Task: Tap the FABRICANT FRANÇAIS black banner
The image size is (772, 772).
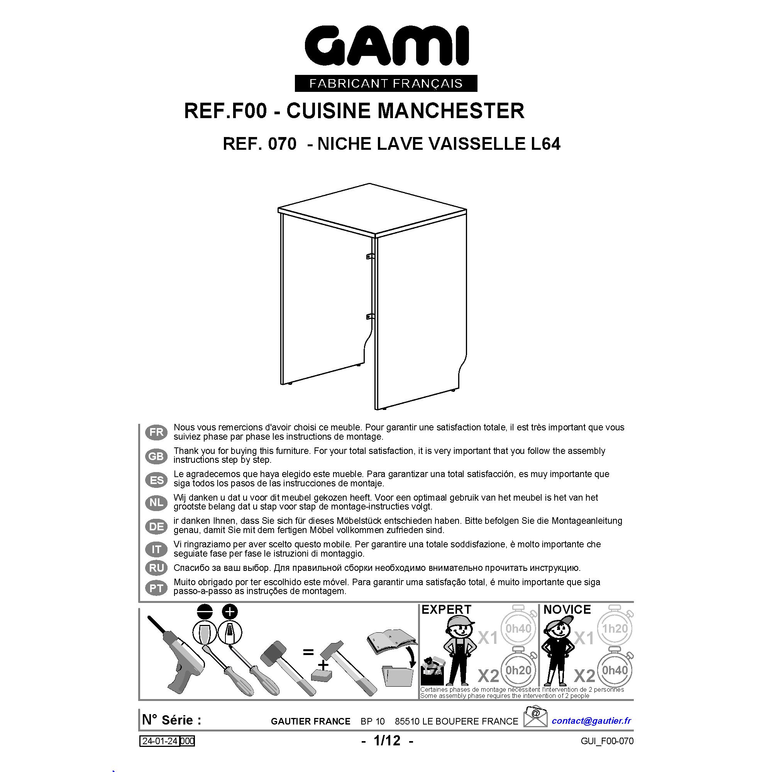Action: [x=386, y=83]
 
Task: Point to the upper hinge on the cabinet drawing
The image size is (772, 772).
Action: [x=370, y=256]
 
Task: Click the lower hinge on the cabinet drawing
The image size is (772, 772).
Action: [x=370, y=317]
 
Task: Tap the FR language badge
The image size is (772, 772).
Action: [x=156, y=432]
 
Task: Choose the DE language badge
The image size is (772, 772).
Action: [x=156, y=526]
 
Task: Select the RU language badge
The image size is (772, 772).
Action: [x=156, y=568]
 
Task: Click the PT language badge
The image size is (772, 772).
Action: [x=156, y=588]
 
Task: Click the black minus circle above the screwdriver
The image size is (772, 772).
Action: [x=205, y=612]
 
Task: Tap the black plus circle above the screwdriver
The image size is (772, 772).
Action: [x=229, y=612]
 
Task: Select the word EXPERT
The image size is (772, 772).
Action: [x=446, y=610]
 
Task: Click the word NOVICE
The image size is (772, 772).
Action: [x=567, y=610]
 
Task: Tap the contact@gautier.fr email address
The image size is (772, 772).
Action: [x=591, y=720]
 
